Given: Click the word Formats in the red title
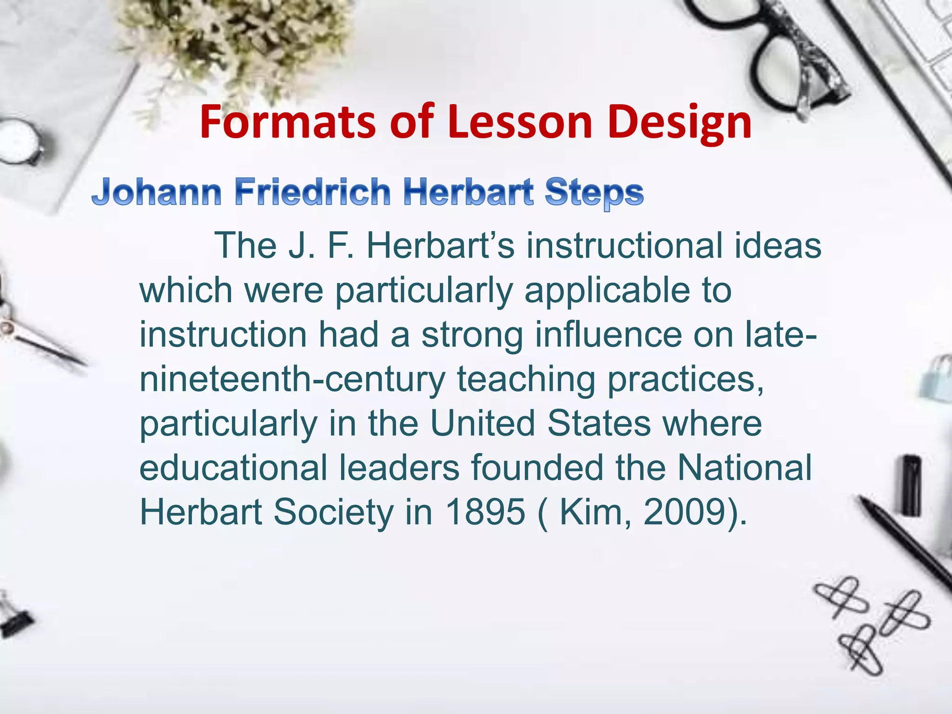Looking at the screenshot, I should coord(288,122).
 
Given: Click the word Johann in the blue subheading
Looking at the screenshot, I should coord(157,192).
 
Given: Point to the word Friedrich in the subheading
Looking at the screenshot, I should coord(312,192).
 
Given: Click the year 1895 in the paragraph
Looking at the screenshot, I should coord(485,511).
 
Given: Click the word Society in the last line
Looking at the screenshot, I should coord(333,512).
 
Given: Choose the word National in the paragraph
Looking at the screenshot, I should coord(744,467).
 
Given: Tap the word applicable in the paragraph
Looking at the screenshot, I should coord(607,291).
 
